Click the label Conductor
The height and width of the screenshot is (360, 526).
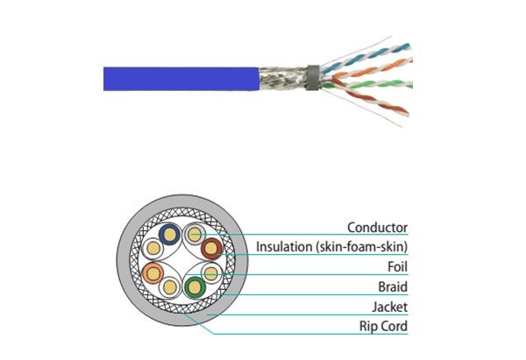[377, 228]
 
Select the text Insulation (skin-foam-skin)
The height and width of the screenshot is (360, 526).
[331, 247]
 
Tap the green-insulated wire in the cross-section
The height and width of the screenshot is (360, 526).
[193, 286]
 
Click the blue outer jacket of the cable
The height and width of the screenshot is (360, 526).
[175, 79]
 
